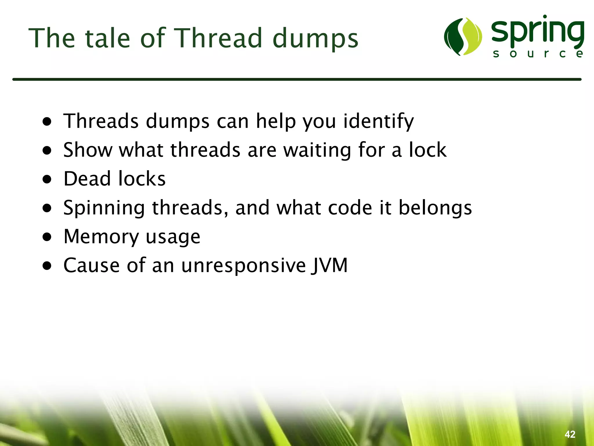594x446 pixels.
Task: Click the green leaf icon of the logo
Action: tap(463, 37)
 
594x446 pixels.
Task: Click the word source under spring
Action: tap(538, 54)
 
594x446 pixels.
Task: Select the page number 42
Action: tap(570, 434)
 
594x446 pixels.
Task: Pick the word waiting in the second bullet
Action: tap(317, 150)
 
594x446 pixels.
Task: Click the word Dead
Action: tap(87, 179)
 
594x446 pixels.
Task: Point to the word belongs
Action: tap(435, 208)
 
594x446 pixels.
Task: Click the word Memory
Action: tap(101, 237)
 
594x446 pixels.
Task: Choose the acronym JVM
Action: tap(329, 265)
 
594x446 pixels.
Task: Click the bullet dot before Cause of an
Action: tap(47, 266)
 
